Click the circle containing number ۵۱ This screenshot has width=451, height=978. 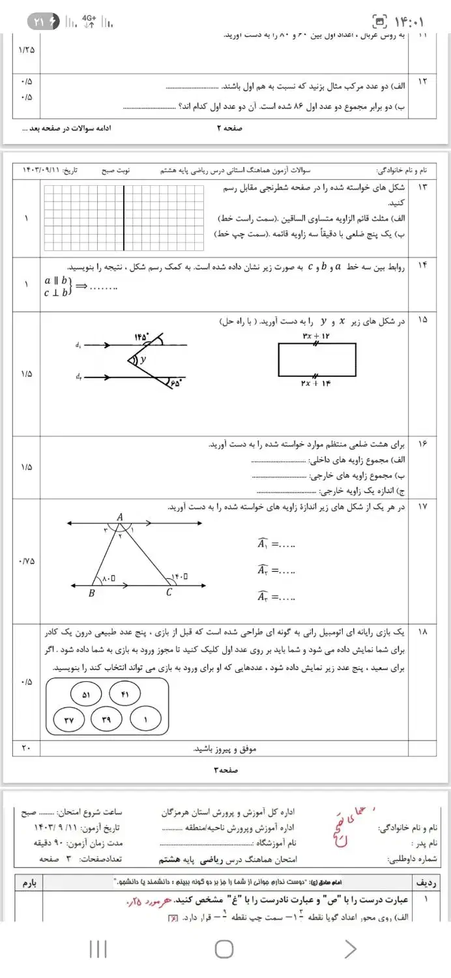86,696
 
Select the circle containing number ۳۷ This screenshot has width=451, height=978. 69,719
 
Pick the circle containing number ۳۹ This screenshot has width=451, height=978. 107,719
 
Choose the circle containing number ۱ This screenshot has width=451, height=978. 145,719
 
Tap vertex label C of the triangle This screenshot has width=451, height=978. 169,592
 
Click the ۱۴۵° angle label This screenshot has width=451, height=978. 141,337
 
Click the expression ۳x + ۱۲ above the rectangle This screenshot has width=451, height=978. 317,335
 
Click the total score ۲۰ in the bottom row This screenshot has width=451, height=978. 26,748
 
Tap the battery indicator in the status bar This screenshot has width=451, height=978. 44,22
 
